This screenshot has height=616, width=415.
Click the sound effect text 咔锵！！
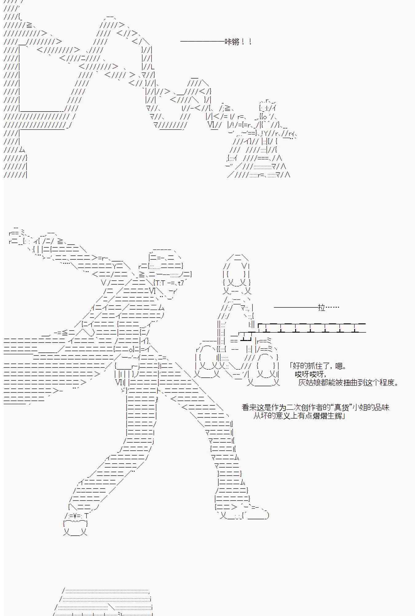(239, 42)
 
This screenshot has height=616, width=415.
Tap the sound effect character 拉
(322, 307)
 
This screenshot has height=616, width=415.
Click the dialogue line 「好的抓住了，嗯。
(318, 366)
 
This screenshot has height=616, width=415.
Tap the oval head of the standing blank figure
(236, 271)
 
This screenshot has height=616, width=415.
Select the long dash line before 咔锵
(202, 41)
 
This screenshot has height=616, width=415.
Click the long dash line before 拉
(296, 307)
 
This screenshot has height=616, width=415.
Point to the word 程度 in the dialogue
(387, 383)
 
